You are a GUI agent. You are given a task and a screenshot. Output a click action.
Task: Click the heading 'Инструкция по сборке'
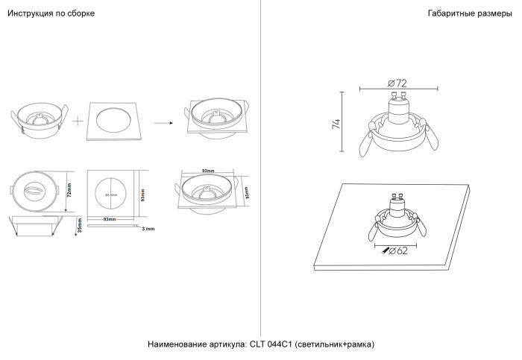(x=51, y=14)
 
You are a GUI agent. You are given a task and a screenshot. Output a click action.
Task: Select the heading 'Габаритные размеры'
(x=471, y=14)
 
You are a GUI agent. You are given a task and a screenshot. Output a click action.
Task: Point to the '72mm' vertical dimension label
(x=69, y=192)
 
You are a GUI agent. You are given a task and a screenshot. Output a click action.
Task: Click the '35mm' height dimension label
(x=79, y=225)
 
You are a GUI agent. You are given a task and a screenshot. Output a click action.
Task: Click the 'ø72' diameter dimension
(x=397, y=82)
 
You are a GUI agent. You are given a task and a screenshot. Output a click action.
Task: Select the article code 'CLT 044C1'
(x=271, y=344)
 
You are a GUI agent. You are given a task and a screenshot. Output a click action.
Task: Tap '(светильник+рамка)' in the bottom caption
(x=334, y=344)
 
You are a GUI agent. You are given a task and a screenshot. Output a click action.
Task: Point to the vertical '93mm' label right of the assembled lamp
(x=247, y=192)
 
